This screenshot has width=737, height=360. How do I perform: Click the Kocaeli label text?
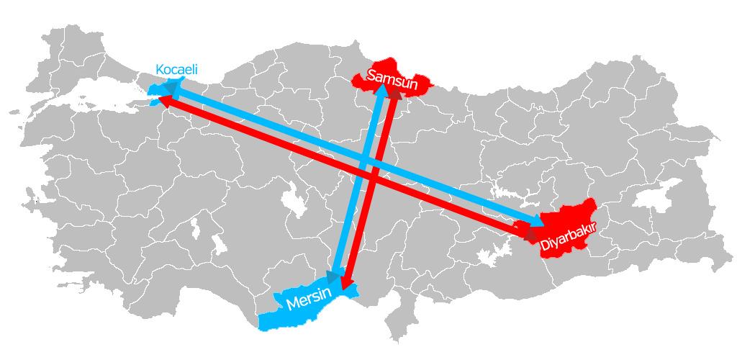[176, 70]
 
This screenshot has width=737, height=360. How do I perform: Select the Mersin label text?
[309, 299]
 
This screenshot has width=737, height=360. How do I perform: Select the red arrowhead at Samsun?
[394, 94]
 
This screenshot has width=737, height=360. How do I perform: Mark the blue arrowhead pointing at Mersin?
[333, 274]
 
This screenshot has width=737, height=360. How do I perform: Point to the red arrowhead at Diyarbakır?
[528, 234]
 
